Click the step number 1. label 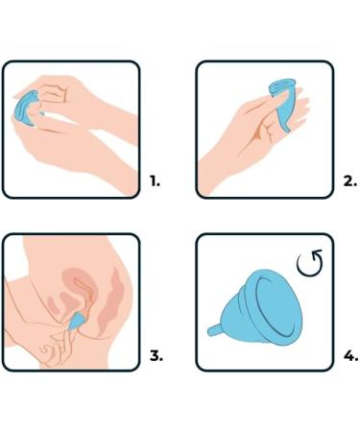[155, 181]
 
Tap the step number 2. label [349, 181]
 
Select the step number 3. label [156, 355]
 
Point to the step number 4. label [350, 355]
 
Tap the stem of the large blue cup [214, 329]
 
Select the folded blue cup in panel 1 [26, 108]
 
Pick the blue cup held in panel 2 [281, 103]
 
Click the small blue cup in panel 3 [76, 322]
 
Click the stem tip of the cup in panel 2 [287, 130]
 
